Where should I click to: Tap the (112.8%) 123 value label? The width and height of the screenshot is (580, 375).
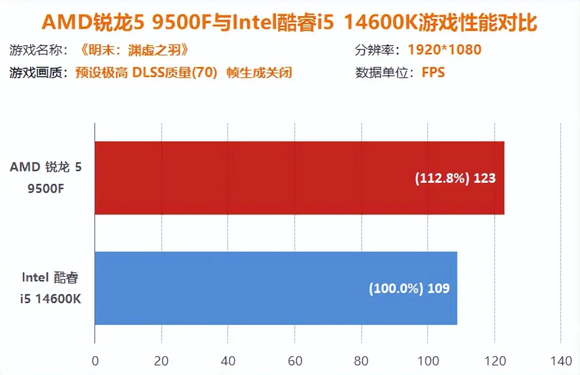[455, 179]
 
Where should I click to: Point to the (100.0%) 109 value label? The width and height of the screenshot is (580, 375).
[409, 288]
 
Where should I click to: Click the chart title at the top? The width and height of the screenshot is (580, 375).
[290, 23]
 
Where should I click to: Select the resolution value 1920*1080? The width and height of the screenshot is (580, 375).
[444, 49]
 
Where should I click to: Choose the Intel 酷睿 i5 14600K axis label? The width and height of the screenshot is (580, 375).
[50, 288]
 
